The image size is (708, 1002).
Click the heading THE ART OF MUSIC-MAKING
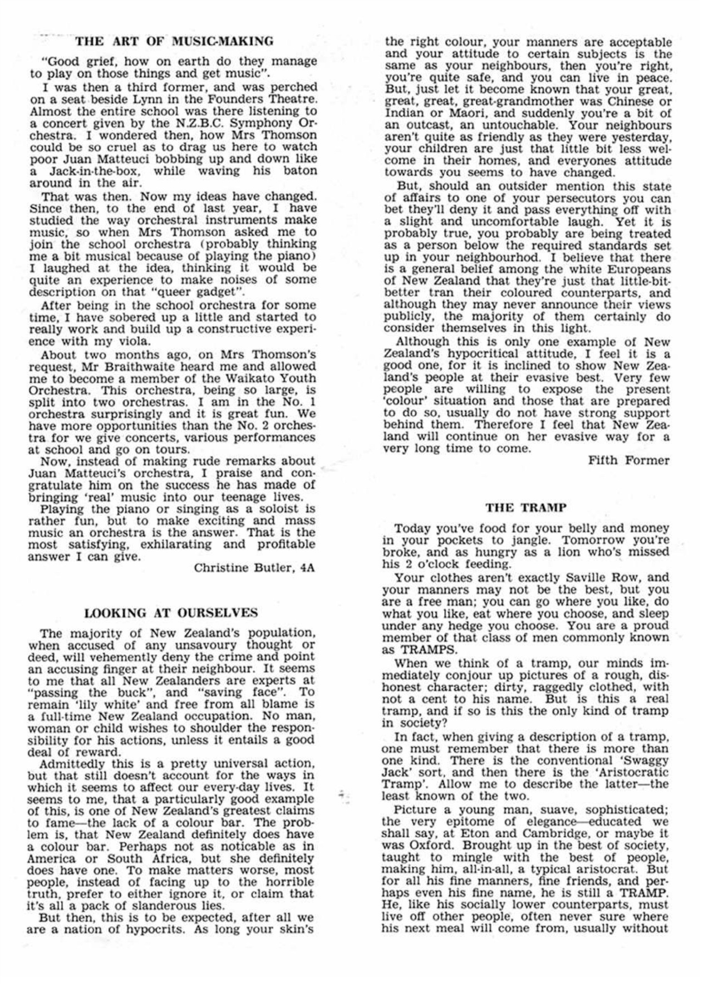click(x=174, y=41)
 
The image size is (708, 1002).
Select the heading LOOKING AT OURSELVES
click(x=171, y=613)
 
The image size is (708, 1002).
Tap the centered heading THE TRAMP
click(x=526, y=507)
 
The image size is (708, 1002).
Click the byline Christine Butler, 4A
click(x=254, y=568)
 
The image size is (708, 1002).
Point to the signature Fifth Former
click(x=629, y=460)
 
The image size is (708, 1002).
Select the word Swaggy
click(x=647, y=760)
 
